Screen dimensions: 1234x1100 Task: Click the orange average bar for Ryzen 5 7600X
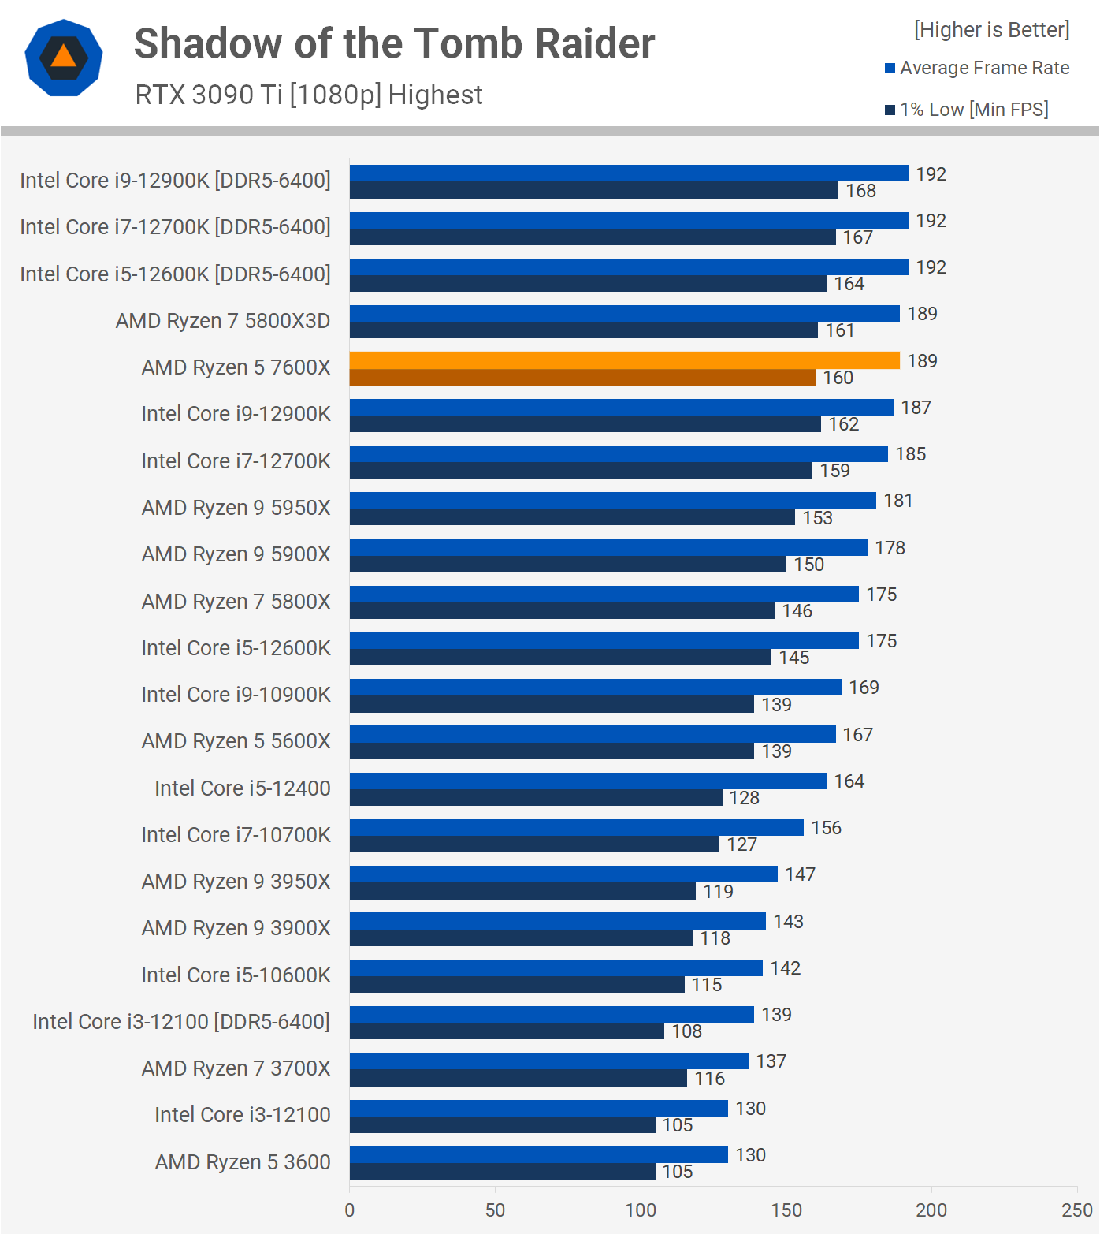coord(624,360)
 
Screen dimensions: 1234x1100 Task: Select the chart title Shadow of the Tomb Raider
coord(394,43)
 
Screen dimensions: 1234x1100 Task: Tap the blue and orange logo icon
coord(64,58)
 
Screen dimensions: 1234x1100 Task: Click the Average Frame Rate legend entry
coord(977,68)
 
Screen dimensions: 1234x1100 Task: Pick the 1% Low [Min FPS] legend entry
coord(967,110)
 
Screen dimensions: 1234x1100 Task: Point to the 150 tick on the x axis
coord(786,1210)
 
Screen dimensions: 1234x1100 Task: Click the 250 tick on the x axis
coord(1076,1210)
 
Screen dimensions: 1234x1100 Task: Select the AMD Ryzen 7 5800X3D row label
coord(222,321)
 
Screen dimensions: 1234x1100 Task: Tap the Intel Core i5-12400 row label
coord(242,788)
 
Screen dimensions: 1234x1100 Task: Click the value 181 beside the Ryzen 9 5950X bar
coord(897,501)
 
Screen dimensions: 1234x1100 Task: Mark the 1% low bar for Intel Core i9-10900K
coord(552,704)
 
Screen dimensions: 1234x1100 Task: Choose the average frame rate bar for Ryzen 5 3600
coord(538,1154)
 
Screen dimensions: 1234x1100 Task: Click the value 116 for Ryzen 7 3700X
coord(709,1078)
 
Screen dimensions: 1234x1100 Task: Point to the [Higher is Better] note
coord(991,30)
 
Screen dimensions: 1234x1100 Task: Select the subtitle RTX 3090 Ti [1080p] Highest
coord(309,95)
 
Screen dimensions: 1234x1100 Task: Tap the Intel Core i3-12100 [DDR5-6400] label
coord(181,1021)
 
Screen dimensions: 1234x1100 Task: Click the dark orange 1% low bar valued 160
coord(582,378)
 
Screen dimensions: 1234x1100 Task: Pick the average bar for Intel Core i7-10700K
coord(576,827)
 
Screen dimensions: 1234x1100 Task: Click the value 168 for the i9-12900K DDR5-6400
coord(860,191)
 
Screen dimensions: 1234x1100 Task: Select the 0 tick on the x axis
coord(350,1210)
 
